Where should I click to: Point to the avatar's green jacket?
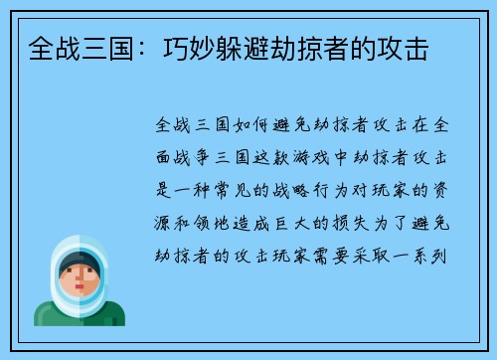pyautogui.click(x=60, y=316)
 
